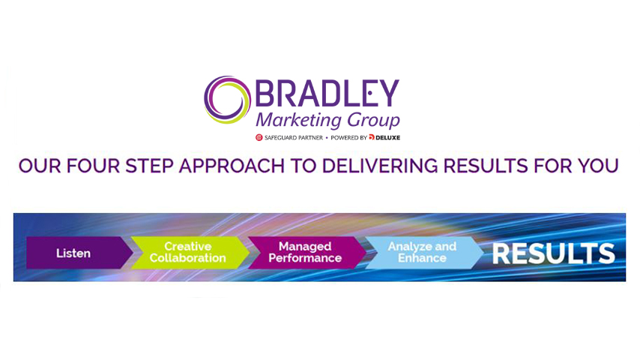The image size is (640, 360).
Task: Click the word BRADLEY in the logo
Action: pos(327,93)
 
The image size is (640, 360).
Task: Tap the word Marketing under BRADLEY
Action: pos(298,120)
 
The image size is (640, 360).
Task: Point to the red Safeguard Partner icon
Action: pos(259,138)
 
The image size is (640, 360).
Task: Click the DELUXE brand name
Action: pos(387,138)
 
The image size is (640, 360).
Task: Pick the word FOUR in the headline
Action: pos(94,166)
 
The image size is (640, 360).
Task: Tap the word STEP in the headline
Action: pos(149,166)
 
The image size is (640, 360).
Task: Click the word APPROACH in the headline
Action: pos(232,166)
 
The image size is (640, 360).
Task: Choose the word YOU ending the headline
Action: pos(598,166)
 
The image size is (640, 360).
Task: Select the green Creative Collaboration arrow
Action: pos(190,253)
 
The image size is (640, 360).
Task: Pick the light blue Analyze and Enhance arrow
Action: pos(423,253)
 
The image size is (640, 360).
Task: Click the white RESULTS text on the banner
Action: pos(554,253)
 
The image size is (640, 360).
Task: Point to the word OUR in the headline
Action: pos(40,166)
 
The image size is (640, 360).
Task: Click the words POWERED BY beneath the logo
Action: pos(348,138)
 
